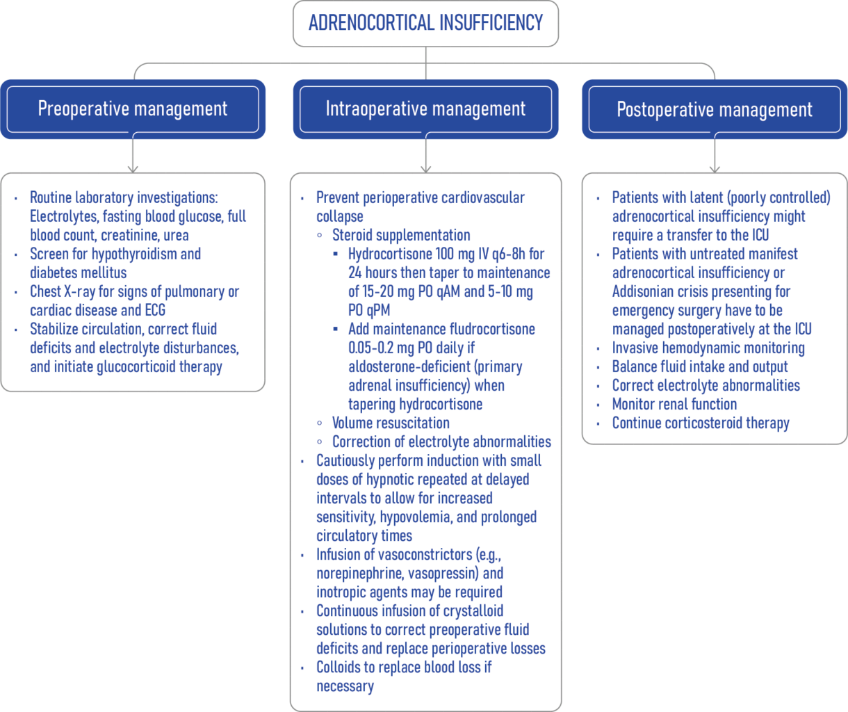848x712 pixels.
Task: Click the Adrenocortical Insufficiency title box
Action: (425, 24)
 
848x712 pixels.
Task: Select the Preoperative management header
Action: (133, 109)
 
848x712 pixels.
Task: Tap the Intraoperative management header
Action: (425, 109)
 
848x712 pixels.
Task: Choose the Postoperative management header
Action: (715, 109)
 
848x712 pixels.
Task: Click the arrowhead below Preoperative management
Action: (133, 169)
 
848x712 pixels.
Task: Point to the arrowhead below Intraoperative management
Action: (425, 169)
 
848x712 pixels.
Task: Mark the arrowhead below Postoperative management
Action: (715, 169)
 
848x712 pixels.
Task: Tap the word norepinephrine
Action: (360, 574)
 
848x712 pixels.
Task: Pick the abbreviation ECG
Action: (155, 310)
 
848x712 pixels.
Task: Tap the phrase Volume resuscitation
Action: (391, 423)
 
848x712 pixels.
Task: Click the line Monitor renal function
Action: (674, 405)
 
